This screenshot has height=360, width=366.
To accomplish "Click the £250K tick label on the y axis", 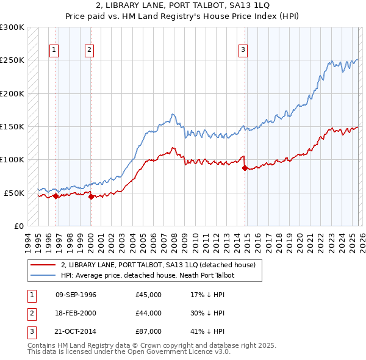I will [12, 60].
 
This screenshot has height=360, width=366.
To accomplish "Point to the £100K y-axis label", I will [12, 159].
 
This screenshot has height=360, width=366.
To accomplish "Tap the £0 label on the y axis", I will [18, 226].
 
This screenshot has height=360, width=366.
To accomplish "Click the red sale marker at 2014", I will [245, 168].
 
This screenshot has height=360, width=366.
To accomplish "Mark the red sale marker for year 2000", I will [91, 196].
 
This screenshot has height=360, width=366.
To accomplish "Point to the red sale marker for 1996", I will [56, 196].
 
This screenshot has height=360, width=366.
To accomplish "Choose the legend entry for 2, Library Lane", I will [161, 265].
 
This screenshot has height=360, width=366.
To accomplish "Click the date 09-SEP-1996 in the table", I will [76, 295].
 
